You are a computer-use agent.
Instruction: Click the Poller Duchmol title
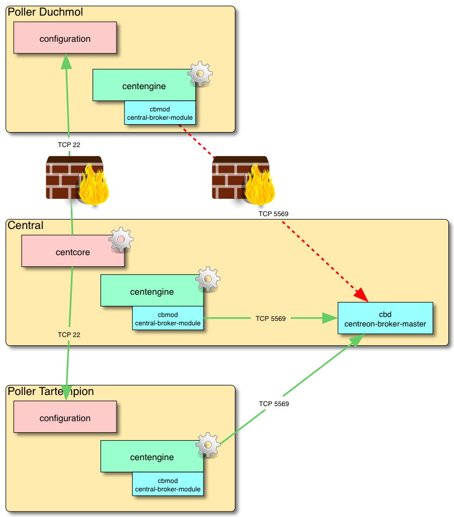click(45, 12)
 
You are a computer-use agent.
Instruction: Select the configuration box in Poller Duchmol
click(65, 38)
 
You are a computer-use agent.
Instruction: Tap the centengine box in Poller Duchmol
click(144, 85)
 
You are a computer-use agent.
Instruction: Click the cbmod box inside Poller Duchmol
click(160, 113)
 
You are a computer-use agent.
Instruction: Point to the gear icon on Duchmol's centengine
click(200, 74)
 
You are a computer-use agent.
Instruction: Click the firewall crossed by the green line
click(75, 178)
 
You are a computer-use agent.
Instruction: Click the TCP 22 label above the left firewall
click(69, 145)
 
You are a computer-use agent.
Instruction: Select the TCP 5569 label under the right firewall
click(273, 214)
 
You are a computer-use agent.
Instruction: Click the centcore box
click(73, 251)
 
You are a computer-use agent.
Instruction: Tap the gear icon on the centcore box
click(120, 239)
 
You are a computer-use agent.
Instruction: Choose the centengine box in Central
click(152, 291)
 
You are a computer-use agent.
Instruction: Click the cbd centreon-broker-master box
click(385, 318)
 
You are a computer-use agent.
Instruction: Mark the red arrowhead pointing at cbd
click(361, 295)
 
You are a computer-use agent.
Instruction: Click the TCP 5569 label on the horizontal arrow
click(271, 319)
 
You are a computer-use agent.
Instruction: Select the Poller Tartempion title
click(51, 392)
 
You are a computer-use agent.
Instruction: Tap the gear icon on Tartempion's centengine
click(208, 445)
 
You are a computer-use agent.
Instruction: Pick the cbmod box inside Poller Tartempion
click(167, 485)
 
